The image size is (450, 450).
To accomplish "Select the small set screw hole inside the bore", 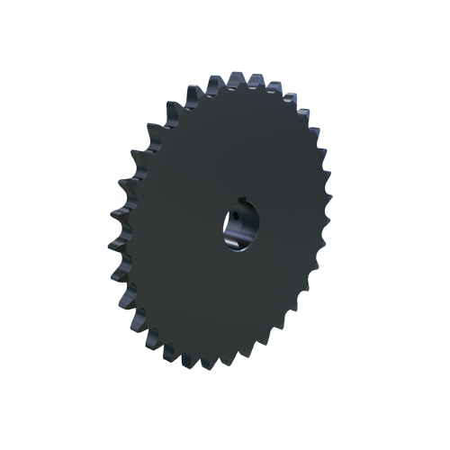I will tap(231, 217).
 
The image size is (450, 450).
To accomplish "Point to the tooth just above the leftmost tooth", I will tap(116, 216).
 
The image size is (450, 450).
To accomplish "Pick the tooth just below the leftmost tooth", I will tap(118, 270).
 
